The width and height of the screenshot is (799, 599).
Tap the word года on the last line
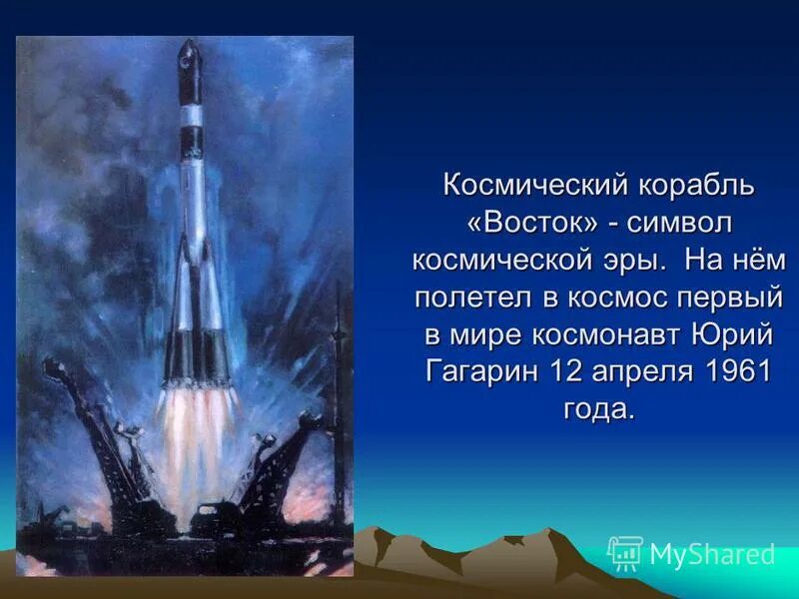pyautogui.click(x=597, y=408)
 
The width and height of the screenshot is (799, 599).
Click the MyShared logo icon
pyautogui.click(x=625, y=552)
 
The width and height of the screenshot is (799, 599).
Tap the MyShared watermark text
pyautogui.click(x=712, y=555)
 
